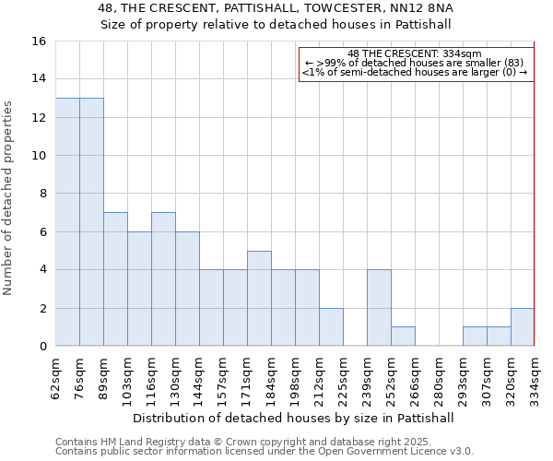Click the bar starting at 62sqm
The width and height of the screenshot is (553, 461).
(67, 222)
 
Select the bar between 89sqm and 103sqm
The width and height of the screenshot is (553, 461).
(115, 279)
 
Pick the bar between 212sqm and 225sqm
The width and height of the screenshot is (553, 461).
(331, 327)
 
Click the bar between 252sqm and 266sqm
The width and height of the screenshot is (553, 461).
(403, 337)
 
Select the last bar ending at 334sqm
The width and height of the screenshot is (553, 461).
(523, 327)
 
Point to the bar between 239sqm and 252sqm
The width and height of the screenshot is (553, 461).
(379, 308)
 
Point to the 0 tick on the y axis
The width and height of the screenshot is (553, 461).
(42, 347)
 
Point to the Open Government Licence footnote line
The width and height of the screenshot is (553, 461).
(265, 452)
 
